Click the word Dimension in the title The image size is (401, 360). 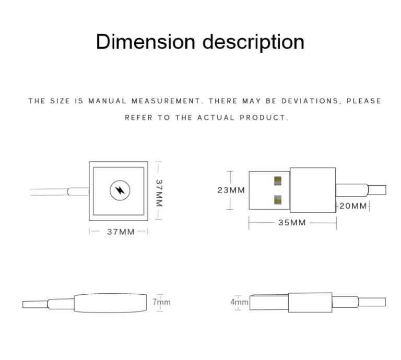146,42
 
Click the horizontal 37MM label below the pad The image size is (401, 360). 121,232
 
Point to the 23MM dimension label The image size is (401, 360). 231,190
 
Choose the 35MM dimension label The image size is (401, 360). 292,223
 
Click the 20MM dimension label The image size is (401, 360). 353,206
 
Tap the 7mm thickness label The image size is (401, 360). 162,302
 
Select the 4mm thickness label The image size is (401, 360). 240,302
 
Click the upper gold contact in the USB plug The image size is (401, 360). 278,181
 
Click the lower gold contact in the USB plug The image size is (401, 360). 278,199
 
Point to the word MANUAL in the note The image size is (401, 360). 107,101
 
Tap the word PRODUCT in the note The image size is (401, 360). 264,117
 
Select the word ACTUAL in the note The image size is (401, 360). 216,117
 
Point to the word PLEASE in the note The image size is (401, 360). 364,101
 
